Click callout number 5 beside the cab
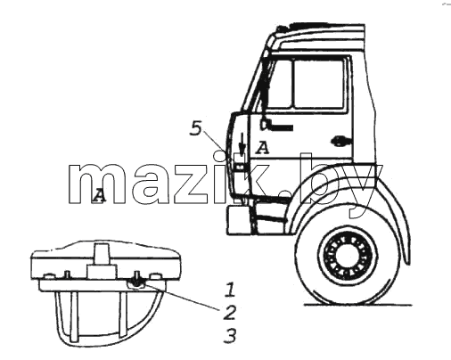coord(196,129)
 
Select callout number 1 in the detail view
coord(230,290)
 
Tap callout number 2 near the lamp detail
coord(229,313)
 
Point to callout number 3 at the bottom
coord(230,336)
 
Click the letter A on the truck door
coord(262,148)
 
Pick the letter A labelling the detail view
coord(99,196)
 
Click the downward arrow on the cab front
coord(242,144)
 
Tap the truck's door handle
coord(340,141)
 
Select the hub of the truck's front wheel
coord(348,257)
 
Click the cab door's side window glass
coord(319,84)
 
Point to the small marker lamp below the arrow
coord(240,168)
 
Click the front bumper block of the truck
coord(239,220)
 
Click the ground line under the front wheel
coord(358,305)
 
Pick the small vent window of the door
coord(279,85)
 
